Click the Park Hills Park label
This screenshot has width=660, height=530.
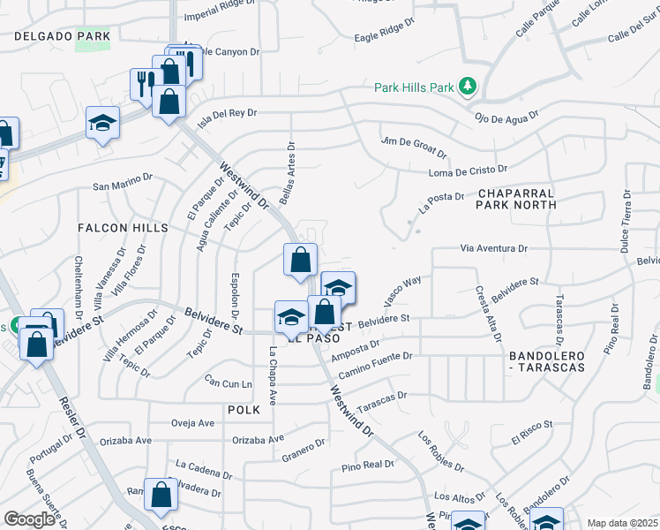(x=414, y=87)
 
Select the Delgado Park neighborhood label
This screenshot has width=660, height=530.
(x=62, y=36)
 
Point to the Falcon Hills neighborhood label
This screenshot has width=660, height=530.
(x=123, y=228)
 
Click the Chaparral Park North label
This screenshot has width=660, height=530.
(x=516, y=198)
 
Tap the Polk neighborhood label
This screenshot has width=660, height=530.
(x=244, y=410)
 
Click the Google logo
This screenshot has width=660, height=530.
(x=29, y=519)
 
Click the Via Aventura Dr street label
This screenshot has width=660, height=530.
(x=493, y=250)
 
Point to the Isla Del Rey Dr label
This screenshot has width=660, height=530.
(x=227, y=117)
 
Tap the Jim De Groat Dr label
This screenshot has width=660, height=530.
(x=413, y=146)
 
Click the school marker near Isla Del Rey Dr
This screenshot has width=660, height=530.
(x=103, y=124)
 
